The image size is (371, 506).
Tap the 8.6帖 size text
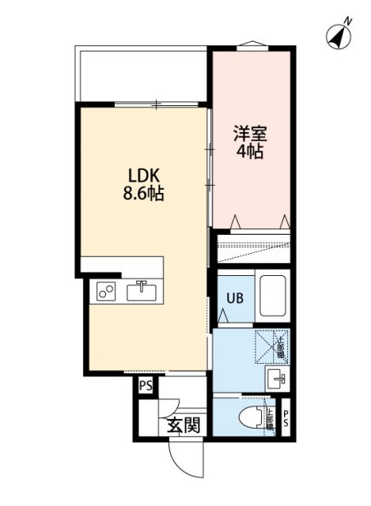click(x=142, y=194)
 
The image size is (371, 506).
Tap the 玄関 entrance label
click(x=183, y=426)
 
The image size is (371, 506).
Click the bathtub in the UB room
click(x=272, y=296)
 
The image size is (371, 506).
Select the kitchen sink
click(x=142, y=291)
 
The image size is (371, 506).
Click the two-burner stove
click(x=106, y=292)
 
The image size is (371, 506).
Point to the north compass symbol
click(x=338, y=36)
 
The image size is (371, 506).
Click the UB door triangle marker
click(x=224, y=315)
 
